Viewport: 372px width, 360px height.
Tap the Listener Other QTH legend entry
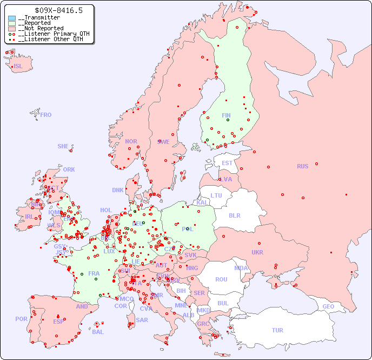point(50,39)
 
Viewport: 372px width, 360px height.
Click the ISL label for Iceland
point(18,67)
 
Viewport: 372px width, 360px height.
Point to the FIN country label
point(226,115)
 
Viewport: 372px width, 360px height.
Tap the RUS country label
point(302,166)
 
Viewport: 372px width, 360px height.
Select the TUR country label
point(277,330)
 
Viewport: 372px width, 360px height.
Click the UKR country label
point(257,252)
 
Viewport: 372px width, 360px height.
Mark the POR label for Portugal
point(21,319)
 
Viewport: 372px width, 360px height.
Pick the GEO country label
point(328,306)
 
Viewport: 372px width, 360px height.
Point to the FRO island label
point(46,115)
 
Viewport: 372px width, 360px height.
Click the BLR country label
point(234,215)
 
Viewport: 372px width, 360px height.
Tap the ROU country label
point(221,279)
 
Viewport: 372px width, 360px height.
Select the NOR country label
point(131,141)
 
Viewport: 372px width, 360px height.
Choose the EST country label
point(227,163)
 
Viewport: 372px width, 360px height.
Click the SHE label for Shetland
point(63,146)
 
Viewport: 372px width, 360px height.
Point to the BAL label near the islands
point(98,332)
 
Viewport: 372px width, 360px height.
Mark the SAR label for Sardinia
point(142,319)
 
